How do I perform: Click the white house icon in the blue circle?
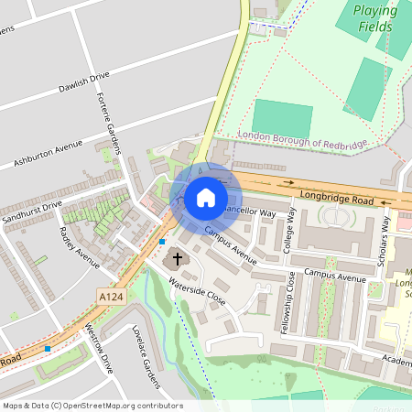tap(206, 197)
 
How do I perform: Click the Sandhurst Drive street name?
tap(31, 213)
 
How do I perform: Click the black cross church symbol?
tap(178, 260)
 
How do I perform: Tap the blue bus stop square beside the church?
tap(162, 242)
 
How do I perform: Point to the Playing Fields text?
tap(376, 19)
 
